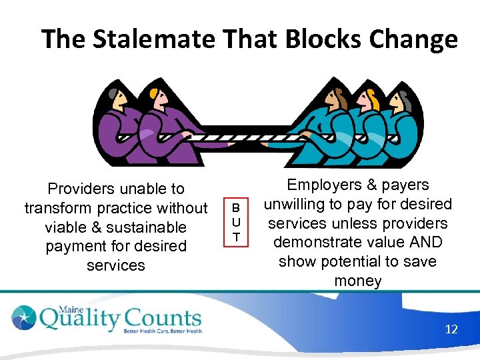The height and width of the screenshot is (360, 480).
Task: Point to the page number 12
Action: pyautogui.click(x=451, y=329)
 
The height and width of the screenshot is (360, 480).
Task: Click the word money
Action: pyautogui.click(x=358, y=281)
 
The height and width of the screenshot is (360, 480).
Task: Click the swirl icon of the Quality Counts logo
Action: pyautogui.click(x=25, y=319)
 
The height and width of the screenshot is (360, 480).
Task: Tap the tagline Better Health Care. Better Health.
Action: pyautogui.click(x=163, y=331)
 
